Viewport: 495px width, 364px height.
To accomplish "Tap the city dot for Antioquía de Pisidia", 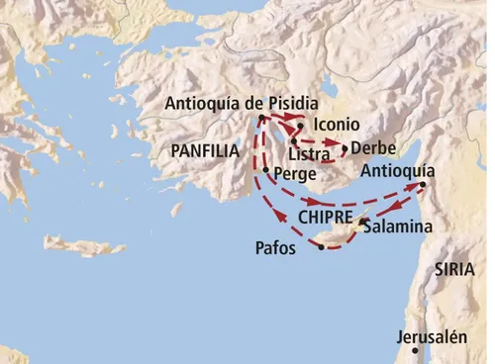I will click(x=260, y=119).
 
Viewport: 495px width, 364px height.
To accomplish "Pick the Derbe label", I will click(x=373, y=148).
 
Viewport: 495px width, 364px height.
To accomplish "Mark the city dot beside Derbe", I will click(x=344, y=149).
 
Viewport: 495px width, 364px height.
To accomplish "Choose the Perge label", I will click(x=294, y=173).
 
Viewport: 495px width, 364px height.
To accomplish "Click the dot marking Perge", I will click(x=265, y=170).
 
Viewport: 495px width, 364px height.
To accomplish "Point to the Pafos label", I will click(x=275, y=248).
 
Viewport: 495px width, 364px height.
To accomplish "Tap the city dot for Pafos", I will click(x=321, y=246).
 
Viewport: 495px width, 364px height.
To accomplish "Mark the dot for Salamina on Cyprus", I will click(x=363, y=222).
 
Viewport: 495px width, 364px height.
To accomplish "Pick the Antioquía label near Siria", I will click(x=398, y=169).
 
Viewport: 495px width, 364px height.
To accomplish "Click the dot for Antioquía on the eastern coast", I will click(x=423, y=185).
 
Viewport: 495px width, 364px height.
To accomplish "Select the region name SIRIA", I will click(x=454, y=268).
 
